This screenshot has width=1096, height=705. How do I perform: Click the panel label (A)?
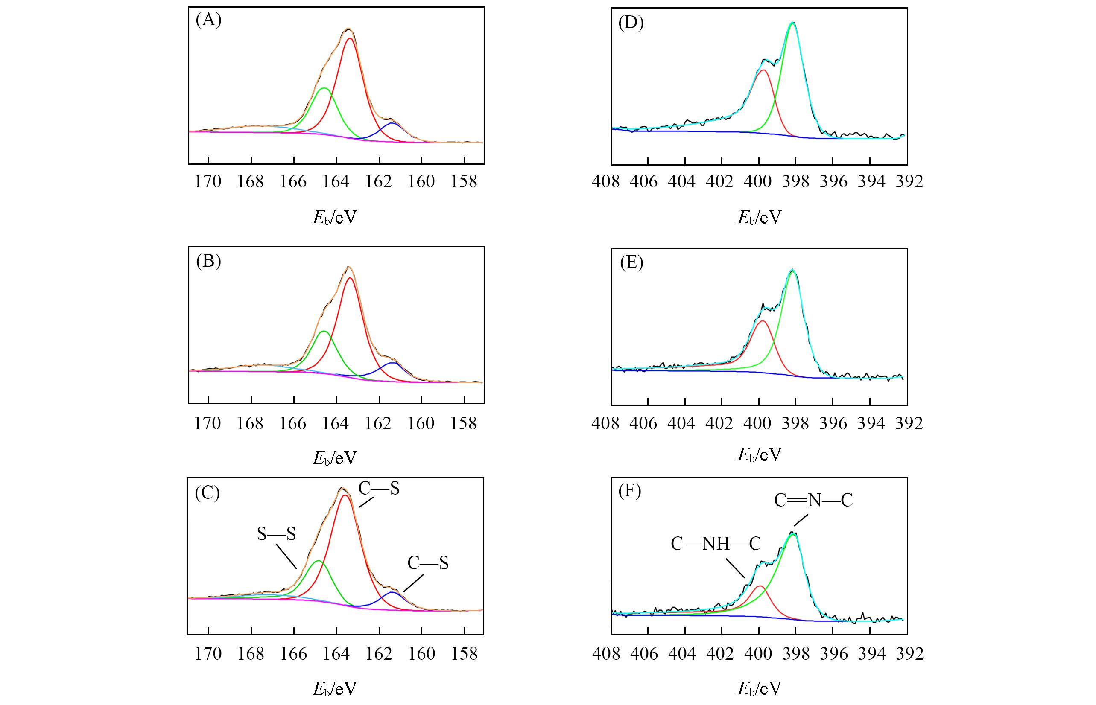[x=208, y=21]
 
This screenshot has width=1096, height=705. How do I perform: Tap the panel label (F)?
[x=629, y=491]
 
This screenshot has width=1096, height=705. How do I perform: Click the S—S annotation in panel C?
[x=276, y=534]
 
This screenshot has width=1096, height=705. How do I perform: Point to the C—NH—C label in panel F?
[x=716, y=544]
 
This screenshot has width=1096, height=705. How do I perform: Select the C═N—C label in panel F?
[x=813, y=500]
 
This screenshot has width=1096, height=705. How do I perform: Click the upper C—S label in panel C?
[x=379, y=489]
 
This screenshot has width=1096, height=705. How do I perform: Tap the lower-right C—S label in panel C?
[x=428, y=562]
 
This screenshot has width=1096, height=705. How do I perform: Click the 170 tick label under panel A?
[x=208, y=182]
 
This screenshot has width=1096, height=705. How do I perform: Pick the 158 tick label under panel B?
[x=464, y=423]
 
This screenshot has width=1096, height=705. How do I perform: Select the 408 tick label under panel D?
[x=605, y=182]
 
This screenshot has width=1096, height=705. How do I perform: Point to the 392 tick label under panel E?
[x=909, y=423]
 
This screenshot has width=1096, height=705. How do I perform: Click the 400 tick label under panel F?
[x=758, y=653]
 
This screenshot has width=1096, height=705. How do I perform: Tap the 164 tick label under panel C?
[x=336, y=653]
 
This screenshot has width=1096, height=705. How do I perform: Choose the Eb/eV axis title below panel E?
[x=759, y=454]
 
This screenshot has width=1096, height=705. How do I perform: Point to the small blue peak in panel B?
[x=393, y=363]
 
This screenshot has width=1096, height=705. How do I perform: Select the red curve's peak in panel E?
[x=763, y=320]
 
